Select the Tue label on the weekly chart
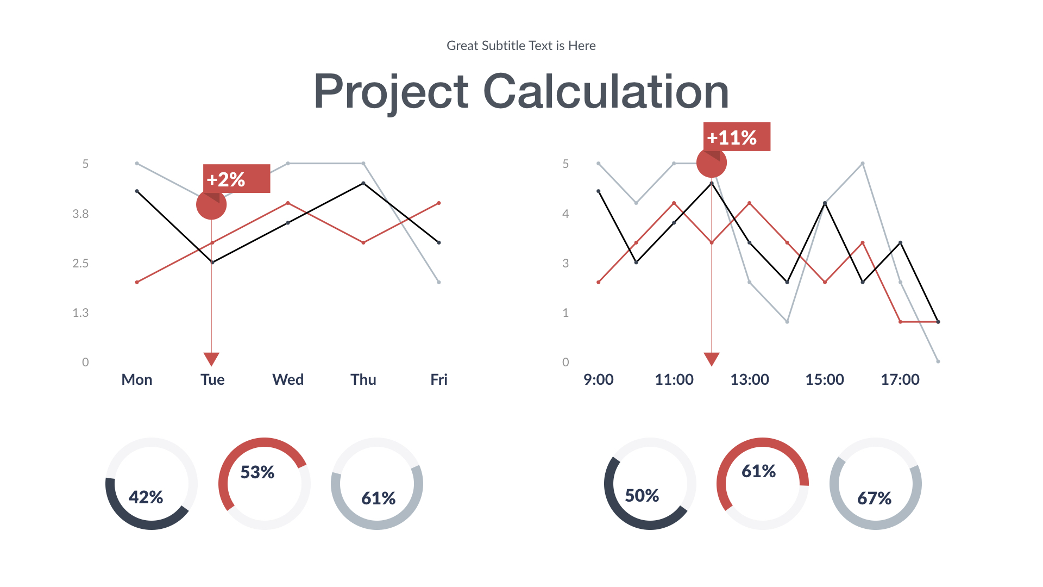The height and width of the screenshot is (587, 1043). coord(212,379)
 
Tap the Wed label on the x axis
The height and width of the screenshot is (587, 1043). coord(288,379)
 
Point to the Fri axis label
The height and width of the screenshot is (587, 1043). coord(439,379)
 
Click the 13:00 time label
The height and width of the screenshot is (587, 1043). coord(750,379)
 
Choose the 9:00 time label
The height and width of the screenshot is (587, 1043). coord(599,379)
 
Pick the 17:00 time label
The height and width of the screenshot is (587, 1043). coord(900,379)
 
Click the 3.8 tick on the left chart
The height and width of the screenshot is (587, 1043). coord(80,214)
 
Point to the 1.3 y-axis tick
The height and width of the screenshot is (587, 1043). coord(80,313)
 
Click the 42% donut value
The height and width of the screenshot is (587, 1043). coord(146,497)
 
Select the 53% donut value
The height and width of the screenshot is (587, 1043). coord(257,472)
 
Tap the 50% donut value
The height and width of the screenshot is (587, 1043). coord(642,496)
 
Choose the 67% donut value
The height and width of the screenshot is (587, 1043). coord(875,498)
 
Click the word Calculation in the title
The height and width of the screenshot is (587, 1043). coord(606,91)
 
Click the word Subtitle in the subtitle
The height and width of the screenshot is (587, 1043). coord(504,46)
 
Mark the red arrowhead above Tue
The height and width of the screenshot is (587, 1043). coord(211,359)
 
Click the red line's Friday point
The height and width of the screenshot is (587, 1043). coord(439,203)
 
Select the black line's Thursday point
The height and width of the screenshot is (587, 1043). coord(363,184)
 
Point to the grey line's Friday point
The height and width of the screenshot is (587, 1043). coord(439,282)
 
